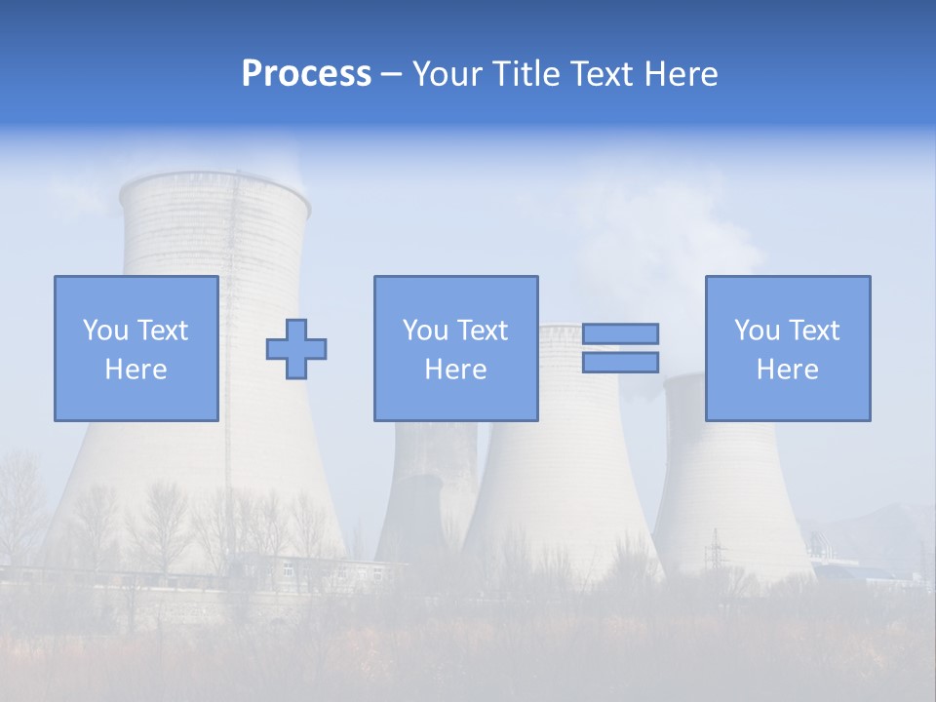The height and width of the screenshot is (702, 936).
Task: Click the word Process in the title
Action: [x=306, y=74]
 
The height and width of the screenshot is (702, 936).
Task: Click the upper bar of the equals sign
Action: [x=620, y=333]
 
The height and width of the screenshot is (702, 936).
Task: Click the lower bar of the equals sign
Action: [x=620, y=363]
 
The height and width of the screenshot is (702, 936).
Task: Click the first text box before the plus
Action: [x=136, y=348]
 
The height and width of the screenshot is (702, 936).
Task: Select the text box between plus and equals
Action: [x=455, y=348]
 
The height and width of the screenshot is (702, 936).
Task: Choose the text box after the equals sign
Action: [x=787, y=348]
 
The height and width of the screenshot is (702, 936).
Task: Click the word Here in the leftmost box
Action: [x=136, y=370]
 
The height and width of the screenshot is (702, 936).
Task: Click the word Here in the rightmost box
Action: [x=787, y=370]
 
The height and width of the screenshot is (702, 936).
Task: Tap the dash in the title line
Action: [x=392, y=74]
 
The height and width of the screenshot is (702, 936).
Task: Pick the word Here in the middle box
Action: [x=455, y=370]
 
